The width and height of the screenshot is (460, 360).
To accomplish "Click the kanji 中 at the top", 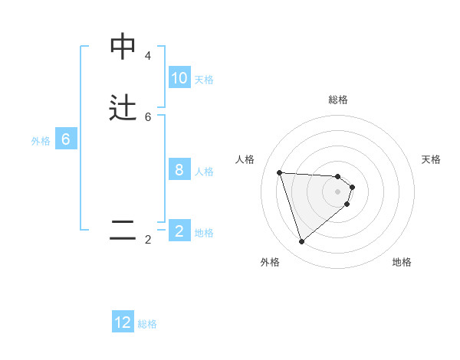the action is tap(123, 47).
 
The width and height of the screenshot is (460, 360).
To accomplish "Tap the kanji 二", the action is tap(123, 231).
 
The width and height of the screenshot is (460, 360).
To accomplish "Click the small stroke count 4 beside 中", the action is tap(148, 56).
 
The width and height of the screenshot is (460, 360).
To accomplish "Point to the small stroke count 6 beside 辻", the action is tap(148, 117).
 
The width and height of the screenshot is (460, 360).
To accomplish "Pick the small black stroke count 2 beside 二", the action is tap(148, 240).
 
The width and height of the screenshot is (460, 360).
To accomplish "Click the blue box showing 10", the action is tap(179, 78).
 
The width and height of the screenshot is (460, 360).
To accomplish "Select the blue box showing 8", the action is tap(179, 170).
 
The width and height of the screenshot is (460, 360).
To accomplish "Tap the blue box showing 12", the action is tap(123, 322).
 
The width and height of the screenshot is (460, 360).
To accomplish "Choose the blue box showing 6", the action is tap(66, 139).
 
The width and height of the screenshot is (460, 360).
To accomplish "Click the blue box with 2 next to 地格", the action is tap(179, 231).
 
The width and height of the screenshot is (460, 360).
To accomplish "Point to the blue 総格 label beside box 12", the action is tap(147, 324).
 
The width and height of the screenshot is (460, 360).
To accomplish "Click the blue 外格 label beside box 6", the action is tap(40, 141).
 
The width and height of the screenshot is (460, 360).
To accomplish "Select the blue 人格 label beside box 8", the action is tap(204, 172).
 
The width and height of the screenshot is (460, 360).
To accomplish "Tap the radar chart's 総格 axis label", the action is tap(337, 100).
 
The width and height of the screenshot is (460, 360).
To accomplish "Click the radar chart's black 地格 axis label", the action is tap(402, 262).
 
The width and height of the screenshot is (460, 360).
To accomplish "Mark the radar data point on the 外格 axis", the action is tap(301, 242).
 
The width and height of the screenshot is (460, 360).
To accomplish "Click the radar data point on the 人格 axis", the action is tap(279, 172).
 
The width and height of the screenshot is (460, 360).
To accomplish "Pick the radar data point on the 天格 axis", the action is tap(352, 187).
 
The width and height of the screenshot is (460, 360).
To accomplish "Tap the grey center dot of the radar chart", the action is tap(337, 202).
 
